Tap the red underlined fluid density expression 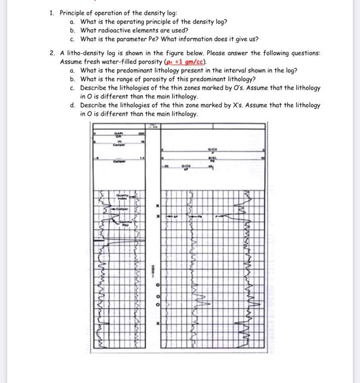click(x=189, y=62)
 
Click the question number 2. click(x=50, y=54)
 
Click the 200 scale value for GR click(x=141, y=134)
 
